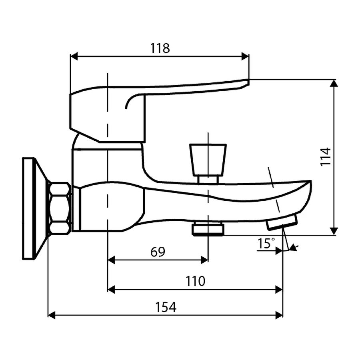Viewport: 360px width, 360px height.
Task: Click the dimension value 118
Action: point(160,48)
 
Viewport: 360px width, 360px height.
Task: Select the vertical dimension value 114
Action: point(326,157)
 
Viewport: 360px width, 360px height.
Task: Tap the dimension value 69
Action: point(158,252)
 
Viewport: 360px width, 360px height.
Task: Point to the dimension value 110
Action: point(195,281)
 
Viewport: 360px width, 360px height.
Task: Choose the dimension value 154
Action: point(166,307)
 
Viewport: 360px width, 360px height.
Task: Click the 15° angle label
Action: point(266,243)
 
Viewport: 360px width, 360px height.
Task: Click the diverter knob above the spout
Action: point(208,159)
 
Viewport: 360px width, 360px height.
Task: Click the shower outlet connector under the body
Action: point(208,230)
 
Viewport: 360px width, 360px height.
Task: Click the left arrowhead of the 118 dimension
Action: point(73,56)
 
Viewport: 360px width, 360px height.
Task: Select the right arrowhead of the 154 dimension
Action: point(280,316)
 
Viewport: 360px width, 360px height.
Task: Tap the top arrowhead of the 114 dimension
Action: point(334,83)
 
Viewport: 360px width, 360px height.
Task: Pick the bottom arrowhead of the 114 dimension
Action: point(334,232)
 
